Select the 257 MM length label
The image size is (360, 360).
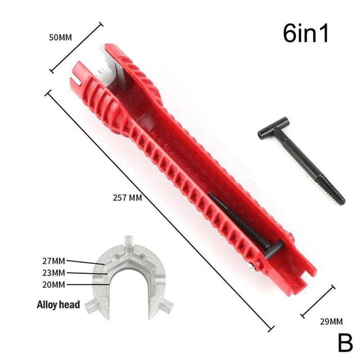click(x=127, y=197)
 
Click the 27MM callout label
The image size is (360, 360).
click(x=54, y=261)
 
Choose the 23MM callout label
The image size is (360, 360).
click(x=54, y=273)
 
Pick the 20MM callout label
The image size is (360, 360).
click(x=54, y=284)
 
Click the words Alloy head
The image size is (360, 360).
click(x=58, y=305)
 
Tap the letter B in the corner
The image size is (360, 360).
click(x=344, y=342)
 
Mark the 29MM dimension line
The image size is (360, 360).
click(x=318, y=301)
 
